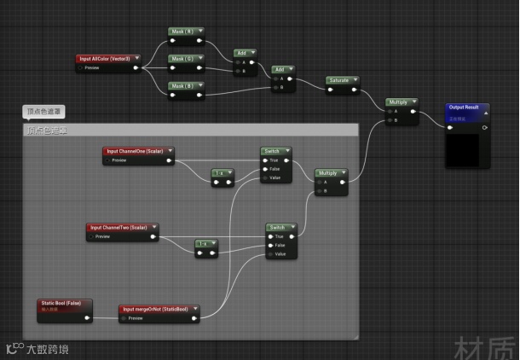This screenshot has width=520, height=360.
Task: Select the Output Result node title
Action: click(465, 107)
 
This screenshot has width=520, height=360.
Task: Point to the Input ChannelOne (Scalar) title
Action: click(134, 151)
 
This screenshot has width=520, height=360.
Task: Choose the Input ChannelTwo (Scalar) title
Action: click(119, 228)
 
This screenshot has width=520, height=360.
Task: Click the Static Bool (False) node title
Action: click(61, 303)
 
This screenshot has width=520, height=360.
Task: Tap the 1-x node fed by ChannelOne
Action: click(222, 172)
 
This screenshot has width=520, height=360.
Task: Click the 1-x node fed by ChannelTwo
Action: click(205, 244)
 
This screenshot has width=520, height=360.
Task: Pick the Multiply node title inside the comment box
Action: click(329, 172)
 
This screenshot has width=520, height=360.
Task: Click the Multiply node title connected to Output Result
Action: click(399, 102)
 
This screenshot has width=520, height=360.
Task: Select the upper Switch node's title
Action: click(273, 151)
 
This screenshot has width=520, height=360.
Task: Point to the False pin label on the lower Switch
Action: click(279, 245)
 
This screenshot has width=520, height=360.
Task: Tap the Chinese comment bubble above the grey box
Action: click(43, 112)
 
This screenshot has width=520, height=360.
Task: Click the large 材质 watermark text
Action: click(484, 348)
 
